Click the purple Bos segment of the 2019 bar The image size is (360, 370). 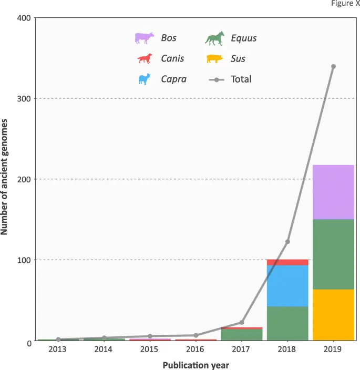point(333,192)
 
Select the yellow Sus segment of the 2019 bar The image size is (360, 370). point(333,314)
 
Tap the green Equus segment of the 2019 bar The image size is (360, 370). point(333,254)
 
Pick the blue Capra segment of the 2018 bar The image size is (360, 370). point(287,286)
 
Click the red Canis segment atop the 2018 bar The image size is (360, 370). point(287,262)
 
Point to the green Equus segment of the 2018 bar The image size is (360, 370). point(287,323)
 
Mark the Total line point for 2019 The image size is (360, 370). point(333,67)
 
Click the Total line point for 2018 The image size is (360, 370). point(287,242)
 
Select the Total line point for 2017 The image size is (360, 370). point(242,322)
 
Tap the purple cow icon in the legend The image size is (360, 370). point(144,38)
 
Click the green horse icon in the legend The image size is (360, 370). point(215,38)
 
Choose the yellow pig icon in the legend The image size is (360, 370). point(215,58)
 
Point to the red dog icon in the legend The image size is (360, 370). point(144,58)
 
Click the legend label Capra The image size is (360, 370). point(173,79)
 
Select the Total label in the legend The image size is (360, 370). point(241,79)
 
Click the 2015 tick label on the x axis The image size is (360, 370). point(150,350)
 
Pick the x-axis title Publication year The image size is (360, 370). point(196,364)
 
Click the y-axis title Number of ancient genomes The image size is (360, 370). point(7,180)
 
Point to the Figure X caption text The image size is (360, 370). point(345,3)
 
